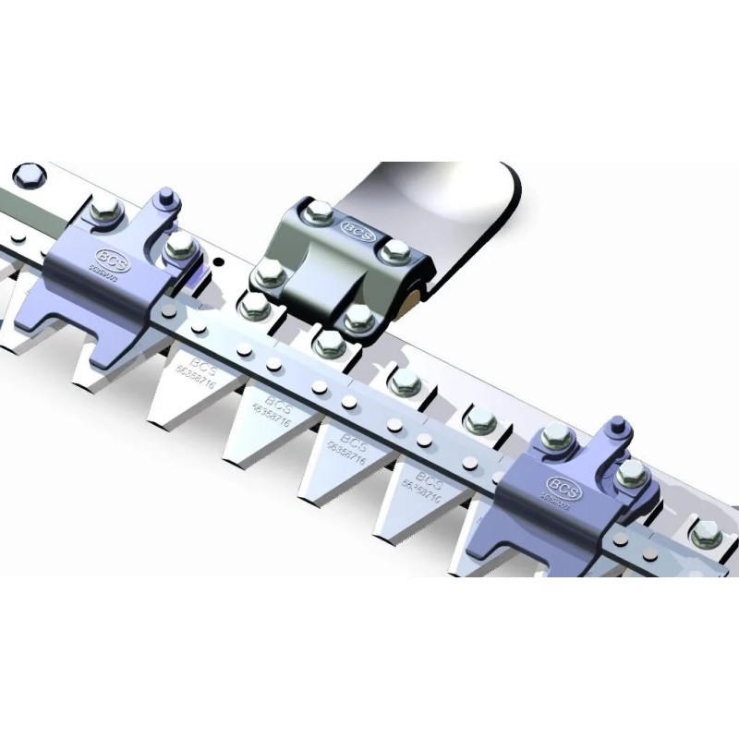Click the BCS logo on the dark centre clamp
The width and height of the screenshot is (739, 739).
click(x=357, y=229)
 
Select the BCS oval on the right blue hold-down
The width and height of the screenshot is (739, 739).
click(x=563, y=485)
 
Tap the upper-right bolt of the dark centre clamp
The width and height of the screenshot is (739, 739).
click(x=395, y=250)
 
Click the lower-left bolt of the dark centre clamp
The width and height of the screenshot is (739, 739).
click(x=269, y=273)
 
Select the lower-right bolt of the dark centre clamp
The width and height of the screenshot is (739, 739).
click(x=358, y=319)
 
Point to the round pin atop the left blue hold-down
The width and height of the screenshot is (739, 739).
click(x=166, y=197)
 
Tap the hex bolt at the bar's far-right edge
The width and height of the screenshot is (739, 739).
click(x=706, y=533)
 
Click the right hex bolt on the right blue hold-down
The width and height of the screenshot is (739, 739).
click(x=631, y=473)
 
